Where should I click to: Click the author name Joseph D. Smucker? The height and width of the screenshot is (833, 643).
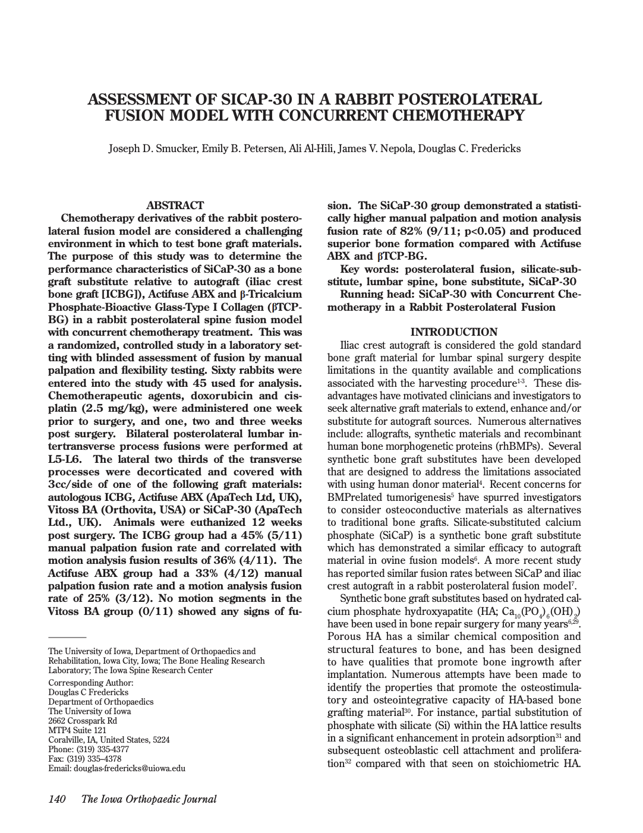153,149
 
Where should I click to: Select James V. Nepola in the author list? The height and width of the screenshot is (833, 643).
376,149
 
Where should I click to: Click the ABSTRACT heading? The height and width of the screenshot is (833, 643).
175,205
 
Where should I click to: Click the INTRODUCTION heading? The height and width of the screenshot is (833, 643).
454,332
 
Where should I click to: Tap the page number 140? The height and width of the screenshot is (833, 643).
56,799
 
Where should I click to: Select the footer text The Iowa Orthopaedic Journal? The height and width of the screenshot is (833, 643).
149,799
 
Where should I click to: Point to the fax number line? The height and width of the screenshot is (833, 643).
84,759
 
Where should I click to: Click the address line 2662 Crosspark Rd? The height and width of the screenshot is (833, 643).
83,721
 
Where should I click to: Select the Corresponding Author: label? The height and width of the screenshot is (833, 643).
91,683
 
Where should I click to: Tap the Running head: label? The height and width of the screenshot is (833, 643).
378,295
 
